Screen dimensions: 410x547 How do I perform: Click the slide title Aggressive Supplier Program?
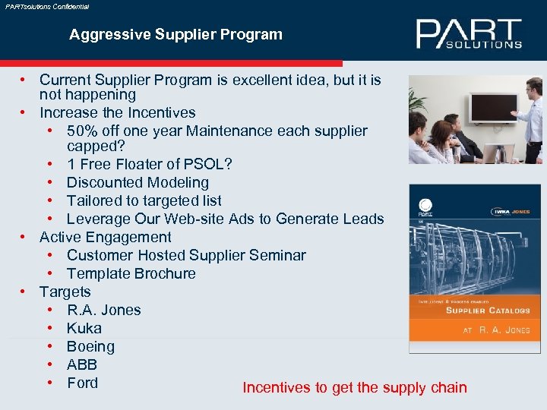pyautogui.click(x=175, y=34)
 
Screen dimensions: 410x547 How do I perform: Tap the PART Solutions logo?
pyautogui.click(x=469, y=34)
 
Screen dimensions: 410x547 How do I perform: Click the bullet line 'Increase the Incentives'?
pyautogui.click(x=117, y=112)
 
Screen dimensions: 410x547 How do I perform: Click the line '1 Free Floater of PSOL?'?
pyautogui.click(x=149, y=164)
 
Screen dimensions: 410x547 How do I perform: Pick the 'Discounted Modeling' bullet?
pyautogui.click(x=138, y=182)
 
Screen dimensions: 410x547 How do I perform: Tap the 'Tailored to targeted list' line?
pyautogui.click(x=144, y=200)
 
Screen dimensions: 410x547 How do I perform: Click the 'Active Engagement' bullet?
pyautogui.click(x=105, y=237)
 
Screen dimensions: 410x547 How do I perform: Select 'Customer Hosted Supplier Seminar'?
pyautogui.click(x=186, y=255)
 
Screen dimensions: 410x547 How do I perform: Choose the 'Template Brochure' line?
pyautogui.click(x=131, y=273)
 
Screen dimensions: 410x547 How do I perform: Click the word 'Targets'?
pyautogui.click(x=65, y=292)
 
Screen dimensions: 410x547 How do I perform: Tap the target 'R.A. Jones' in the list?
pyautogui.click(x=103, y=310)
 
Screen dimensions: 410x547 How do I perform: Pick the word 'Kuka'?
pyautogui.click(x=84, y=328)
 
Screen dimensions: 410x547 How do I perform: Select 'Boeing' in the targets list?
pyautogui.click(x=90, y=346)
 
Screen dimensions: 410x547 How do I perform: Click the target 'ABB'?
pyautogui.click(x=81, y=364)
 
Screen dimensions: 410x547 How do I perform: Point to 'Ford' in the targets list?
pyautogui.click(x=82, y=383)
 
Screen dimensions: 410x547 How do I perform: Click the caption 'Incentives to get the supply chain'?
pyautogui.click(x=355, y=388)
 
